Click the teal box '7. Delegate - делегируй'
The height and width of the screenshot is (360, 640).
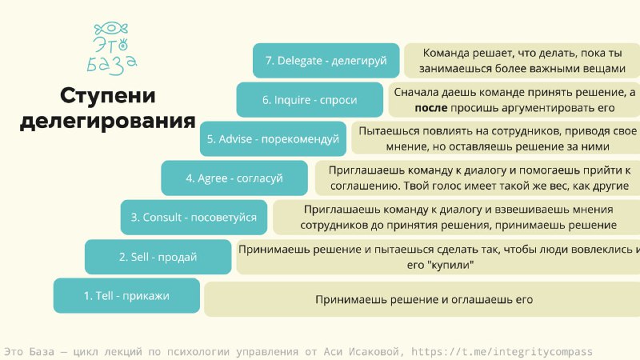[326, 61]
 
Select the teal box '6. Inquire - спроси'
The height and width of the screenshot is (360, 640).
[310, 99]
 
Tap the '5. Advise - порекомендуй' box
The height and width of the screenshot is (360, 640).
[273, 138]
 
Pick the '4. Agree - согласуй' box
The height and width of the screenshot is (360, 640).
[234, 178]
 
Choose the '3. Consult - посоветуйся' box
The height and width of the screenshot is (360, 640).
[194, 217]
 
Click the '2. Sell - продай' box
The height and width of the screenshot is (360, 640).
[158, 257]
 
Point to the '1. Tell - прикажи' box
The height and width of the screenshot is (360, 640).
[126, 295]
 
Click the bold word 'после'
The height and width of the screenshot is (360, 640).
[431, 108]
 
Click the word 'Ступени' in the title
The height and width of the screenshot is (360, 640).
[108, 96]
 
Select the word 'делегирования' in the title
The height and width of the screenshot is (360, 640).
[108, 122]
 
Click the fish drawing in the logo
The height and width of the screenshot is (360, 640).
[111, 29]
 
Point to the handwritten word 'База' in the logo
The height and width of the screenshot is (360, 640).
[112, 65]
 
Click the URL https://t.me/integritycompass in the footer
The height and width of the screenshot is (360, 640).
[502, 351]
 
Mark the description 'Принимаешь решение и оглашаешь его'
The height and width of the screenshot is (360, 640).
[424, 299]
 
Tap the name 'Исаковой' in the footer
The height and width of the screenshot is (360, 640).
[374, 351]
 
